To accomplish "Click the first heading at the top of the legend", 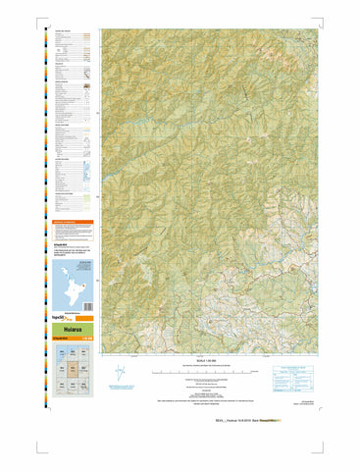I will pos(62,32).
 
